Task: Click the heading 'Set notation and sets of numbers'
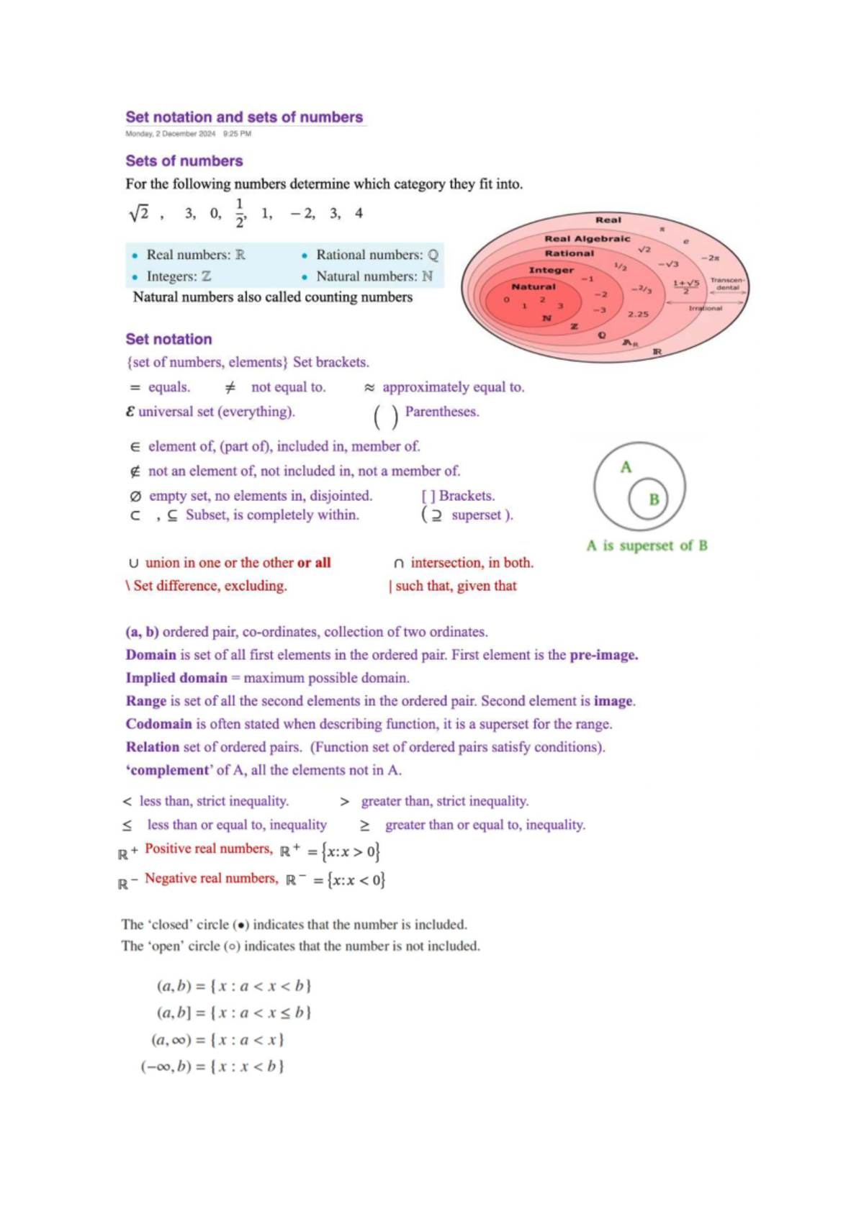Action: coord(244,117)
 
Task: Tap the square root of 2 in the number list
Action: coord(139,213)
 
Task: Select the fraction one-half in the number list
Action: coord(240,212)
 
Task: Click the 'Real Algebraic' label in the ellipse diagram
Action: coord(587,238)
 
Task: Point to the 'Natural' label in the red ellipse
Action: coord(534,286)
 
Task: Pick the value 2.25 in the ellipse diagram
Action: coord(638,314)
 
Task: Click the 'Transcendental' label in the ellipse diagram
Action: coord(727,284)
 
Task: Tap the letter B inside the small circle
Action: coord(654,499)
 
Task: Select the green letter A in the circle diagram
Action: coord(626,467)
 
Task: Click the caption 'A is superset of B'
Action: coord(647,546)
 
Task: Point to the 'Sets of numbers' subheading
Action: coord(184,161)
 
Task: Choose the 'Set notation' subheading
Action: coord(169,339)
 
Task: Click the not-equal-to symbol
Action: coord(230,387)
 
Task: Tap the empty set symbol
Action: coord(135,497)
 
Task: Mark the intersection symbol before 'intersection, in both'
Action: coord(399,564)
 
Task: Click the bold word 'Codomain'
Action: coord(159,724)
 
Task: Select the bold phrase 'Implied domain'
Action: coord(176,678)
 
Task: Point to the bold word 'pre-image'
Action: coord(603,655)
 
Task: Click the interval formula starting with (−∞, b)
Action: coord(212,1066)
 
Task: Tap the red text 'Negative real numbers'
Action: coord(211,878)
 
